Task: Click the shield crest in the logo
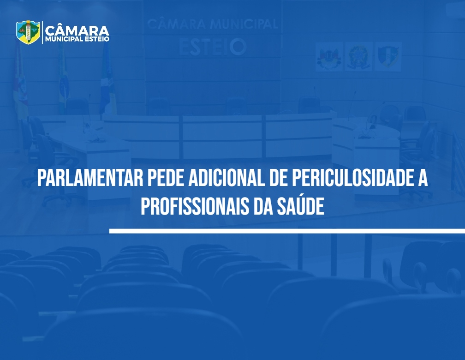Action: [28, 32]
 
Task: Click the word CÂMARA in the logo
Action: [77, 30]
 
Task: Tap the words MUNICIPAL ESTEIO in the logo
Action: [77, 39]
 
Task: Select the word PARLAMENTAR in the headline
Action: [90, 178]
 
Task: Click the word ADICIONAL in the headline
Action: [226, 178]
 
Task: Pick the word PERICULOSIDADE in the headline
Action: [351, 178]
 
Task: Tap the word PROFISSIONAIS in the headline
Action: [195, 206]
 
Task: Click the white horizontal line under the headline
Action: [287, 231]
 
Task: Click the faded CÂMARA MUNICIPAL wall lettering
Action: [212, 24]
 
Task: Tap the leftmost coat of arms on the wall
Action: [329, 57]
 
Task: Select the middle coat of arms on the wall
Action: [358, 57]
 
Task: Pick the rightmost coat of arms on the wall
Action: [388, 56]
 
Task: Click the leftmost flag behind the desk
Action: [20, 80]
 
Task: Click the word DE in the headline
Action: [279, 178]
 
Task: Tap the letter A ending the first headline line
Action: [423, 178]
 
